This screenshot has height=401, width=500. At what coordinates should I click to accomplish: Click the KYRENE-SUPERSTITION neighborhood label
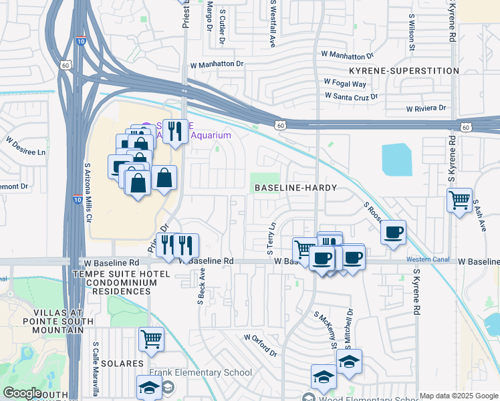pyautogui.click(x=404, y=71)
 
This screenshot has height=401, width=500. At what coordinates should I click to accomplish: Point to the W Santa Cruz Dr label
pyautogui.click(x=352, y=96)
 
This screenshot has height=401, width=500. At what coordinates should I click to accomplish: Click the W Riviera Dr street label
pyautogui.click(x=426, y=108)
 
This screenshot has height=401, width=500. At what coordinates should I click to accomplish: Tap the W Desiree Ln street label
pyautogui.click(x=26, y=147)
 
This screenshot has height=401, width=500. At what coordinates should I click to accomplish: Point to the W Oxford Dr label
pyautogui.click(x=261, y=346)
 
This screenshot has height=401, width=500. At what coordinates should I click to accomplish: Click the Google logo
pyautogui.click(x=22, y=393)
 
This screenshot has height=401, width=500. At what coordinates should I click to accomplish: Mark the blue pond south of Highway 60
pyautogui.click(x=397, y=160)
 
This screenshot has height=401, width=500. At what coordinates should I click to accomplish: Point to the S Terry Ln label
pyautogui.click(x=271, y=239)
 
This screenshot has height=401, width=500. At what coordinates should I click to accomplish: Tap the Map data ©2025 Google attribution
pyautogui.click(x=459, y=396)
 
